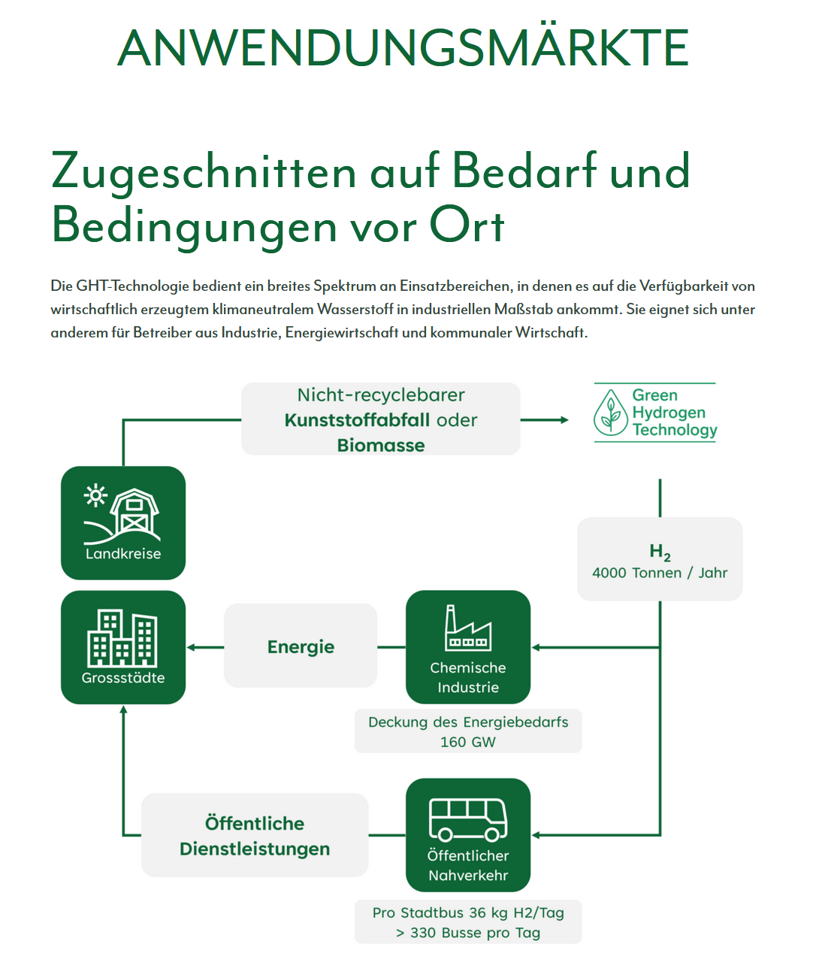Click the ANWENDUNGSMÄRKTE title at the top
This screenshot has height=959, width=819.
(403, 48)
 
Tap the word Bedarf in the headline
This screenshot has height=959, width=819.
(524, 171)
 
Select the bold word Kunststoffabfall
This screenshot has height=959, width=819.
(357, 420)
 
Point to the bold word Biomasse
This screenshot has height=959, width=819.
(381, 445)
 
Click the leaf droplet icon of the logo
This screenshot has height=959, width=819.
(611, 412)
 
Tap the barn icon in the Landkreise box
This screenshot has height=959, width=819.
(134, 512)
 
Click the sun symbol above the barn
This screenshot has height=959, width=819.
(95, 495)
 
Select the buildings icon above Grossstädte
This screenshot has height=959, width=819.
(122, 638)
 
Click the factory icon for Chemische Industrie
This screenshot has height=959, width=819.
(468, 628)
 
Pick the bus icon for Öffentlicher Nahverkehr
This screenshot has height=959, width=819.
(468, 820)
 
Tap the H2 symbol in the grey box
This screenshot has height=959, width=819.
(660, 552)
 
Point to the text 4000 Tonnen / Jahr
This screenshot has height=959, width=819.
(660, 573)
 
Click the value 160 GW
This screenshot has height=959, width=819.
(468, 743)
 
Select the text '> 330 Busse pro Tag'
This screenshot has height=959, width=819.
(468, 933)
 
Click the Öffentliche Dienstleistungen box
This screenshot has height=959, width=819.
(255, 835)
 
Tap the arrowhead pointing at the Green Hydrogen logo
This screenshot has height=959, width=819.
(564, 420)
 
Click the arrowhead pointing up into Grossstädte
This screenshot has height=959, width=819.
(123, 709)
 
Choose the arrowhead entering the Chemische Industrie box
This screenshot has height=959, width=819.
(536, 647)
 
